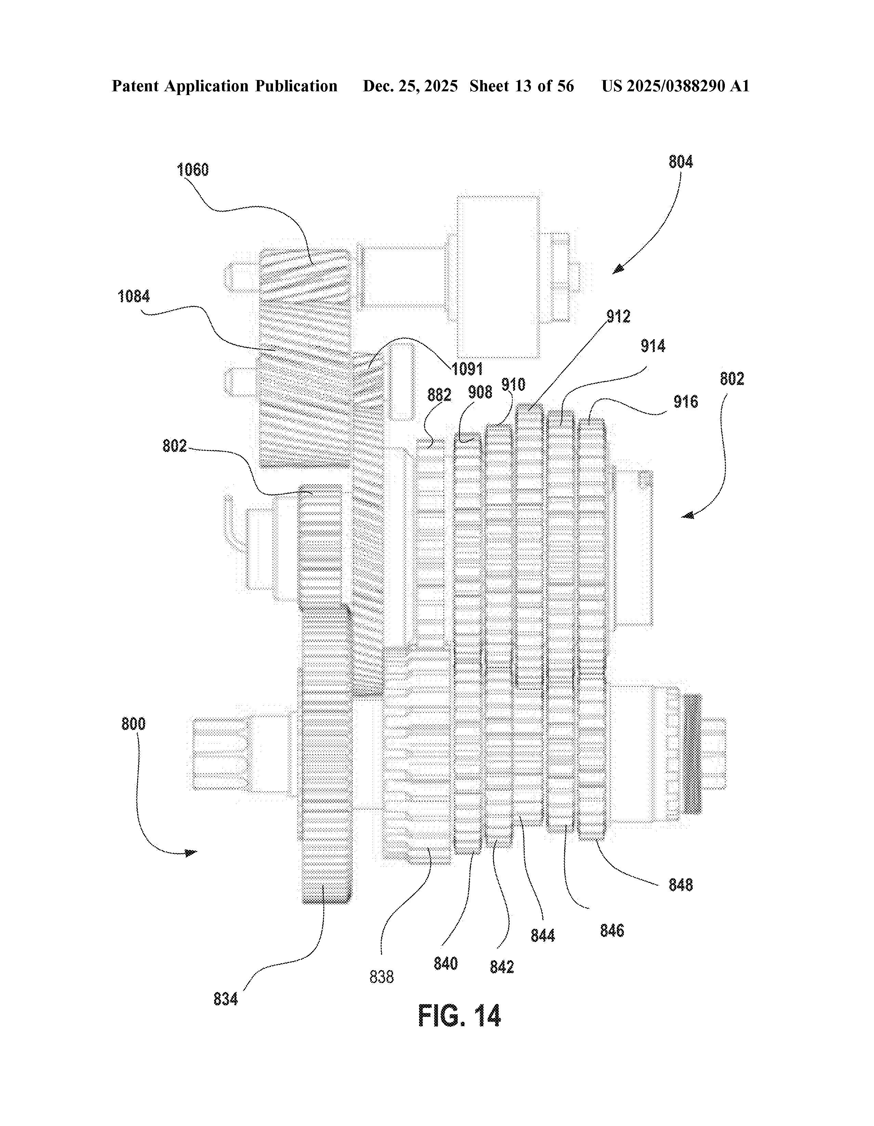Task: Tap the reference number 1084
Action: (133, 296)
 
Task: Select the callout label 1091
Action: (467, 369)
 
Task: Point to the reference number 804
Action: (681, 162)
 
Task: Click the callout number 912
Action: (618, 317)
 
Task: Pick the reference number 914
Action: (653, 346)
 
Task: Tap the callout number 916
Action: (686, 402)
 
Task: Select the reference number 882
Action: (439, 395)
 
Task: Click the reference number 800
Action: (133, 724)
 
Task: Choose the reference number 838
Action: (381, 977)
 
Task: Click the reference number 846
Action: (612, 931)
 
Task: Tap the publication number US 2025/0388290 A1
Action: (676, 86)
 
